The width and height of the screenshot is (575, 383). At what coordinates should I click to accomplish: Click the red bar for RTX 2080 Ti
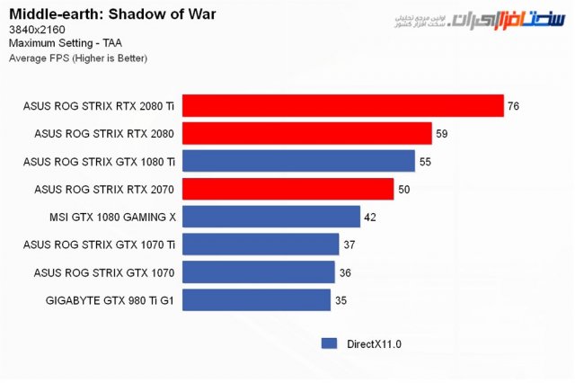tap(342, 106)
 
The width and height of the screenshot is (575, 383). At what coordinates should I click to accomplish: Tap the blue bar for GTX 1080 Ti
tap(298, 162)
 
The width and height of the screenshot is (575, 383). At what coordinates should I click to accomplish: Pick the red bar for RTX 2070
tap(287, 189)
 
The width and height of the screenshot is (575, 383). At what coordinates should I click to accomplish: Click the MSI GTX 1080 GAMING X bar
tap(270, 217)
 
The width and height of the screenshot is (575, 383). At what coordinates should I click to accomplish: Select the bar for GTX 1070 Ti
tap(261, 245)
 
